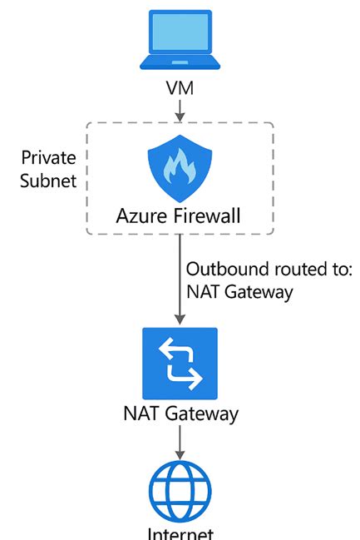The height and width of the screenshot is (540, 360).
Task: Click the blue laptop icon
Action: (x=180, y=39)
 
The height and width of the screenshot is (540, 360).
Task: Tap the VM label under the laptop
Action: (x=180, y=87)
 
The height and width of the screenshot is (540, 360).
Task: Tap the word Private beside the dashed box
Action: (x=48, y=158)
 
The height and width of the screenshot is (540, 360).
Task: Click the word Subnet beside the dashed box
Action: (x=48, y=180)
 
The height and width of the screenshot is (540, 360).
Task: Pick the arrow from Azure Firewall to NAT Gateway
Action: (x=180, y=279)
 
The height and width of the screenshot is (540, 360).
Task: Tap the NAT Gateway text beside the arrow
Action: (x=240, y=292)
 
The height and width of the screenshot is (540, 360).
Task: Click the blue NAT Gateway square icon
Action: (x=180, y=364)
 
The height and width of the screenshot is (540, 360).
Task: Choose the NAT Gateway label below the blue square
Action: (x=180, y=414)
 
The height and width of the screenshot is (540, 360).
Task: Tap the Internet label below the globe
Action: (x=180, y=533)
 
